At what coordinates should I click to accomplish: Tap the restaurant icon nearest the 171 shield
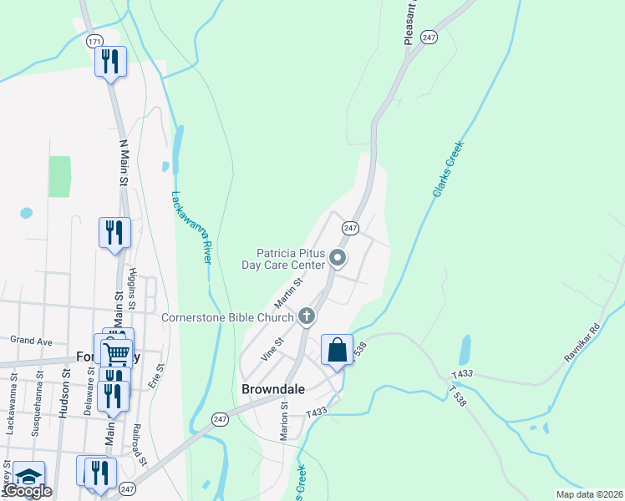pyautogui.click(x=110, y=61)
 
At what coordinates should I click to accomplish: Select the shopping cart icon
pyautogui.click(x=116, y=352)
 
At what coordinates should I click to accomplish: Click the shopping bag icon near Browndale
pyautogui.click(x=337, y=349)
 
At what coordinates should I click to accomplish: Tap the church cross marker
pyautogui.click(x=307, y=316)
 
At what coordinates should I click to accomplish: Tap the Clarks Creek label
pyautogui.click(x=448, y=170)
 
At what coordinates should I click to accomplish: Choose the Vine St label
pyautogui.click(x=272, y=348)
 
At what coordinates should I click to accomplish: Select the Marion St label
pyautogui.click(x=285, y=418)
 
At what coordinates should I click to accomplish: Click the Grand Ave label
pyautogui.click(x=31, y=341)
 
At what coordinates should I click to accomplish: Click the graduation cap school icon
pyautogui.click(x=28, y=476)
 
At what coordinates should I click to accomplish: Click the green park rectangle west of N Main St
pyautogui.click(x=59, y=176)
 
